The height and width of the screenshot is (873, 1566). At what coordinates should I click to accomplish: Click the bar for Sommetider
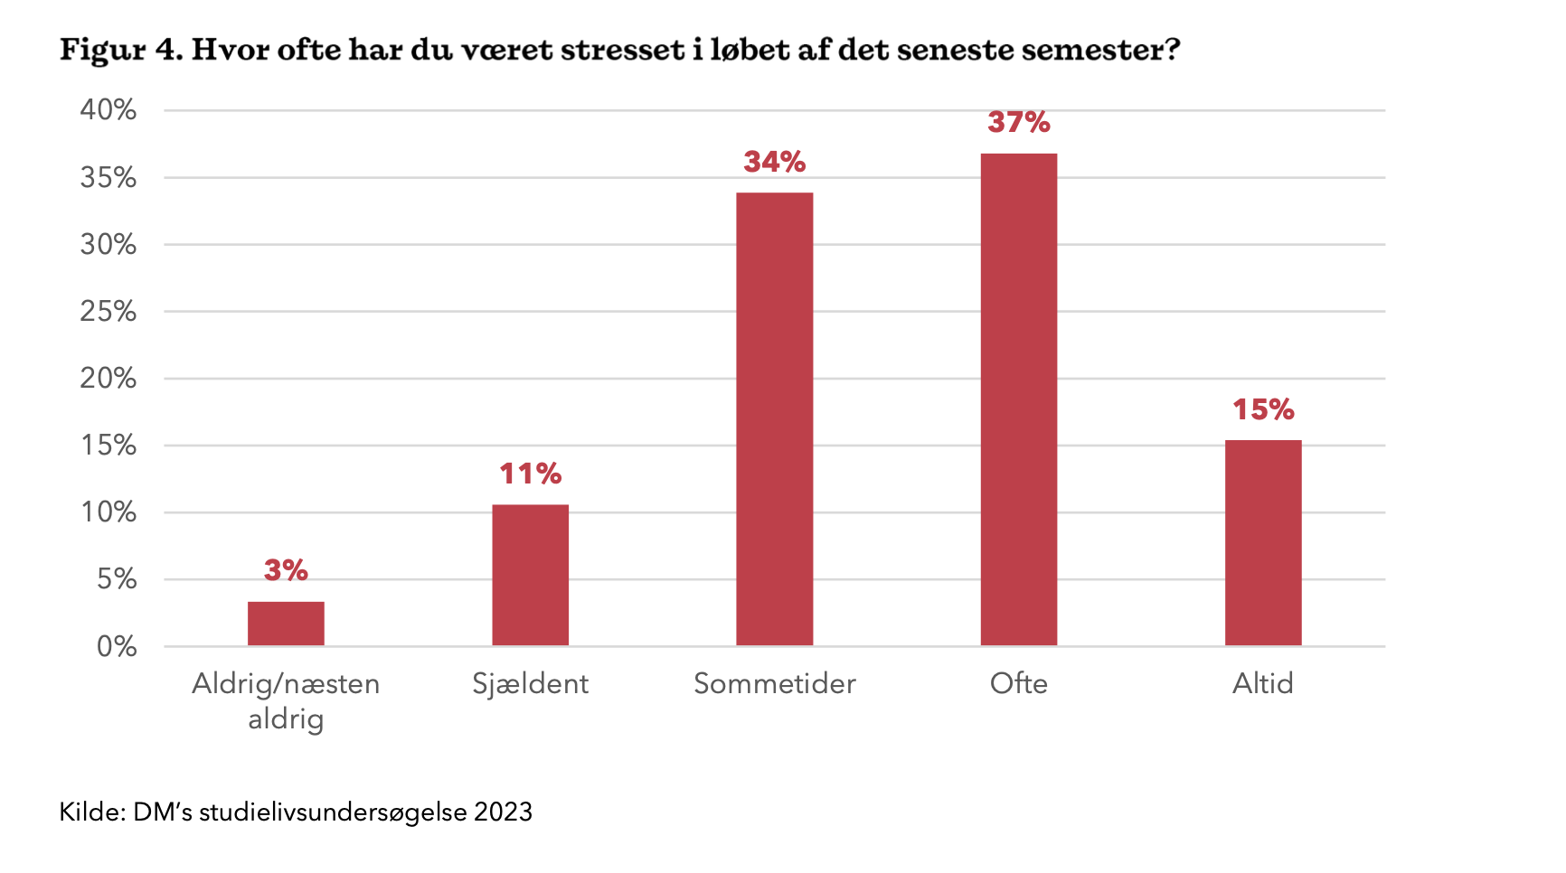[x=774, y=418]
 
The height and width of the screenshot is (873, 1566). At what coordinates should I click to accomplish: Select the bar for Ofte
[x=1018, y=399]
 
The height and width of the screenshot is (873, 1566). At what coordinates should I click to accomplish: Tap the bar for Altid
[x=1262, y=542]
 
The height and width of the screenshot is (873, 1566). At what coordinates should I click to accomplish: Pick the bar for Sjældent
[x=530, y=575]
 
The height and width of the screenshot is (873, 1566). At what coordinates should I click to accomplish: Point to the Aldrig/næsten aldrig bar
[x=286, y=624]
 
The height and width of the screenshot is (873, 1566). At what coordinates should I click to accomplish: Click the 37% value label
[x=1018, y=122]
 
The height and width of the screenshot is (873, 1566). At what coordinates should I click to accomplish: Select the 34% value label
[x=774, y=162]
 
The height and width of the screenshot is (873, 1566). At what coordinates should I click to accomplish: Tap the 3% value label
[x=286, y=570]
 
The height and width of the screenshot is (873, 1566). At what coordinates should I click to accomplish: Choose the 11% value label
[x=530, y=474]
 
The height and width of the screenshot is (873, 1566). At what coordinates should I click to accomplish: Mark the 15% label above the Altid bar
[x=1262, y=409]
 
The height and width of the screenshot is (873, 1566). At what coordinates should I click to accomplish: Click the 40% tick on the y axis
[x=108, y=110]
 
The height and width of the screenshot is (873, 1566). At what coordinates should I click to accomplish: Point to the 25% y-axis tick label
[x=108, y=312]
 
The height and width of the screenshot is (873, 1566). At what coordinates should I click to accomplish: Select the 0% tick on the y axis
[x=117, y=646]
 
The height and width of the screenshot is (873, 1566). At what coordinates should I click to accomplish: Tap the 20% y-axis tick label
[x=108, y=379]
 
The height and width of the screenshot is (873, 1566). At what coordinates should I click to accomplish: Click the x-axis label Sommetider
[x=774, y=683]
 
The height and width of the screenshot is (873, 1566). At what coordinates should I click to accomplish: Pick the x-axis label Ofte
[x=1018, y=683]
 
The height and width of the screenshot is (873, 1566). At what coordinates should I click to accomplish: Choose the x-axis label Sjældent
[x=530, y=684]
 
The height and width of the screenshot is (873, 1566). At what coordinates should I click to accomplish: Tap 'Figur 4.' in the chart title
[x=121, y=51]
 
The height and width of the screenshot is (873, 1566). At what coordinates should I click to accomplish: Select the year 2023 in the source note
[x=503, y=812]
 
